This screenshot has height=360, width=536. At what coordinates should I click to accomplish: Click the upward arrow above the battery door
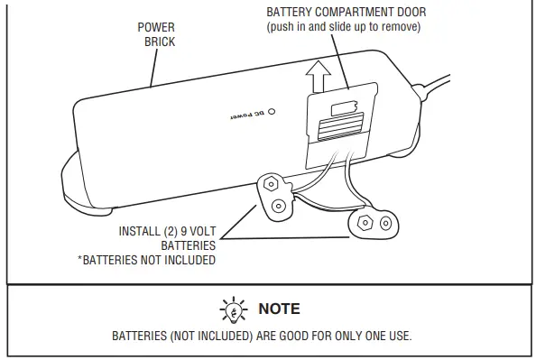[x=319, y=77]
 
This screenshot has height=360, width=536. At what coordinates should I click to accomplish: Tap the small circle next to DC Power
[x=272, y=111]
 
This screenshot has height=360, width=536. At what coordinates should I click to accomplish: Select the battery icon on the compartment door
[x=345, y=107]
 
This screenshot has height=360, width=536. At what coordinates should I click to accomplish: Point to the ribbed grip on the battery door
[x=340, y=126]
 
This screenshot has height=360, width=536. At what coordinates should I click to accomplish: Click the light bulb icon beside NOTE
[x=234, y=309]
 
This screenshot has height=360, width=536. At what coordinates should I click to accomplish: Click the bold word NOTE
[x=280, y=309]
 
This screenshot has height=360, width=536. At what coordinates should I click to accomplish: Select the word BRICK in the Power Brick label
[x=160, y=42]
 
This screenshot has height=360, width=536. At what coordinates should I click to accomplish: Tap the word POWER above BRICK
[x=156, y=27]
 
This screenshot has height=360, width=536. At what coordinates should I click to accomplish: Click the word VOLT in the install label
[x=203, y=231]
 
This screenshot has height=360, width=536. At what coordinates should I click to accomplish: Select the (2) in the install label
[x=171, y=232]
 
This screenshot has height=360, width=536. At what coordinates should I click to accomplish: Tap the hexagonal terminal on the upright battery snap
[x=271, y=184]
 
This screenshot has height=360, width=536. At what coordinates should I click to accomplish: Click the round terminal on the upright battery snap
[x=278, y=206]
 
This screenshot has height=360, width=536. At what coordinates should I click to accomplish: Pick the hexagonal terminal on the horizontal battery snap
[x=365, y=223]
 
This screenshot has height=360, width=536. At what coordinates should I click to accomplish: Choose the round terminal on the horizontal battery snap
[x=385, y=223]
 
